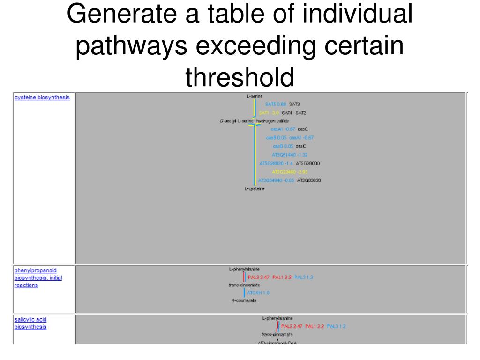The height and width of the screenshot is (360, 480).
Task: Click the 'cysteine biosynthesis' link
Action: (x=42, y=97)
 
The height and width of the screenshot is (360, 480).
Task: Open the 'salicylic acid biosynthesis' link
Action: (x=30, y=323)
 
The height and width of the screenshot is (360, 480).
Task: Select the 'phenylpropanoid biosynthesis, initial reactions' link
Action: (x=37, y=277)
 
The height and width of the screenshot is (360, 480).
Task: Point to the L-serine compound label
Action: (x=255, y=96)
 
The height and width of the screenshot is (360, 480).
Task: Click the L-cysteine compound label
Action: (x=255, y=189)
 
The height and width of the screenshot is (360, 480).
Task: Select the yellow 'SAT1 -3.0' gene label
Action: (x=269, y=113)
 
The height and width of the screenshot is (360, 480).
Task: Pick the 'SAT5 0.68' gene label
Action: (x=276, y=104)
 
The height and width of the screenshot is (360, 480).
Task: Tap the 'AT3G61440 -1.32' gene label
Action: (x=290, y=155)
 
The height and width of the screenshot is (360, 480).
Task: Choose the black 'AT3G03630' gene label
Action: (x=308, y=180)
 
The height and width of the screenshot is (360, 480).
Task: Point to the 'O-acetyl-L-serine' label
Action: (x=236, y=121)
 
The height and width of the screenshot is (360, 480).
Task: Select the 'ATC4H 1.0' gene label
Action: (x=258, y=292)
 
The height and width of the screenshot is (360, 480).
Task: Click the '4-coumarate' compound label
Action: (x=244, y=300)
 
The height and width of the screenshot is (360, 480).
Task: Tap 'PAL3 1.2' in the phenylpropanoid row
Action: (x=304, y=277)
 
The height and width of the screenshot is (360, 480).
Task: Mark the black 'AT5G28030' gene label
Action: (x=308, y=164)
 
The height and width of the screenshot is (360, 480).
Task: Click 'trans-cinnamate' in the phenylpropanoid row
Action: (x=244, y=285)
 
